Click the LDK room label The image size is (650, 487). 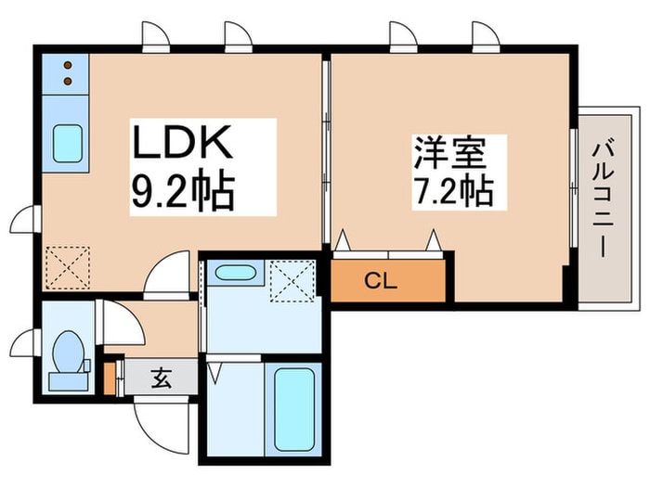182,142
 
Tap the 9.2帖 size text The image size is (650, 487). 183,189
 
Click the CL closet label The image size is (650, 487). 381,281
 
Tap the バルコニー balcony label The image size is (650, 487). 604,200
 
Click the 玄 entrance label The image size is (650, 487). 162,378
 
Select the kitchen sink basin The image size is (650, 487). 67,143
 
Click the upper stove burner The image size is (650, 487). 68,65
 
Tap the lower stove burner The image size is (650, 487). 68,82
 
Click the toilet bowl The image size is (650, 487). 69,352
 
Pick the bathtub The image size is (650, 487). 293,410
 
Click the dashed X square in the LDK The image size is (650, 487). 68,267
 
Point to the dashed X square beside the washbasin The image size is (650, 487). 292,281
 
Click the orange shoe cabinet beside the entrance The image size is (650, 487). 109,378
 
